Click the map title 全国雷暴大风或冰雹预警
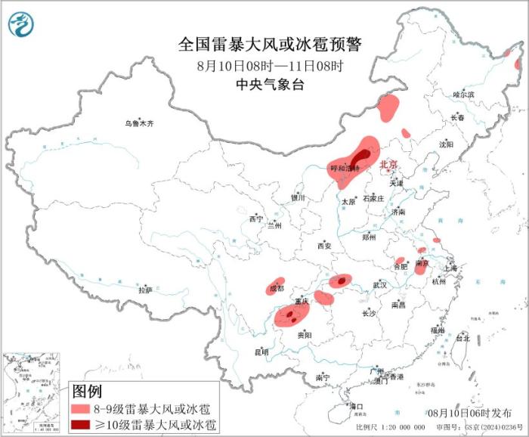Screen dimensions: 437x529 coord(270,45)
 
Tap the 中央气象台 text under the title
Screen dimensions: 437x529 coord(270,85)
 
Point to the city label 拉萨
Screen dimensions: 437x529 coord(145,290)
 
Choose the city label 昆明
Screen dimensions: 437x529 coord(261,352)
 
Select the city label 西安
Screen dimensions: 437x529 coord(325,246)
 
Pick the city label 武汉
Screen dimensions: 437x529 coord(379,285)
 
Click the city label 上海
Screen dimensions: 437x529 coord(450,268)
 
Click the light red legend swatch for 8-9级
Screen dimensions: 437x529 coord(83,408)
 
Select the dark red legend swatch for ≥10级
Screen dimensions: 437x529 coord(83,425)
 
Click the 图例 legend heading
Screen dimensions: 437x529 coord(86,392)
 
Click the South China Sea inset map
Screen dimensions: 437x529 coord(31,393)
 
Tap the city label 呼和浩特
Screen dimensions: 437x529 coord(345,168)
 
